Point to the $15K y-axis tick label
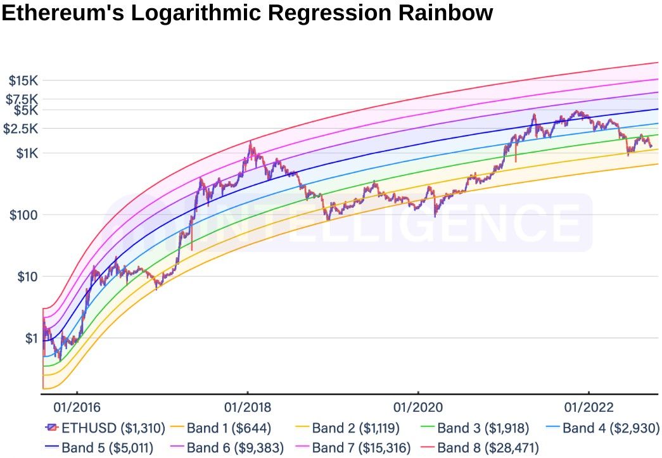(23, 80)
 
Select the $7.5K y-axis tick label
(22, 99)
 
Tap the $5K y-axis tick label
(26, 110)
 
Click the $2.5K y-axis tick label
(22, 129)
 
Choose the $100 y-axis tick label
(24, 215)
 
